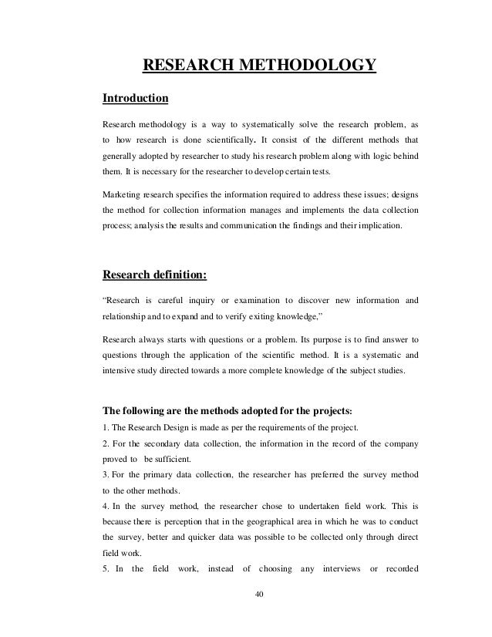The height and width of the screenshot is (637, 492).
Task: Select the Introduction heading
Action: click(136, 99)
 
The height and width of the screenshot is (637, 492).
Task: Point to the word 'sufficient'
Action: click(173, 462)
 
